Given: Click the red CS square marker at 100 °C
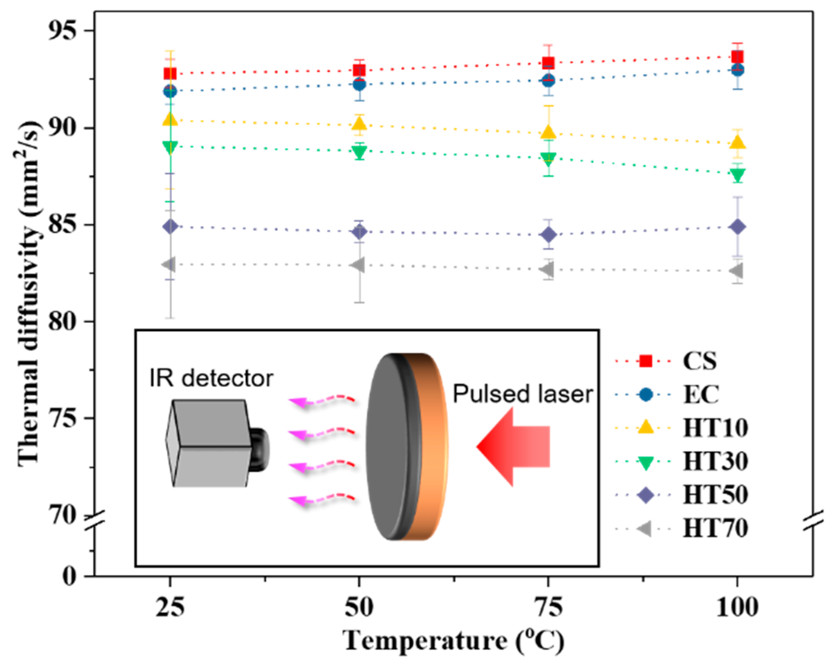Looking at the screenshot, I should click(738, 57).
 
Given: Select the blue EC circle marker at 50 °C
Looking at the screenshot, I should click(359, 85).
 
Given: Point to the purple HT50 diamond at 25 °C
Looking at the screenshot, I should click(170, 226).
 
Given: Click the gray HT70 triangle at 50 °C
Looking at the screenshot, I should click(358, 265).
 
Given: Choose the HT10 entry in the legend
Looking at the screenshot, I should click(715, 428).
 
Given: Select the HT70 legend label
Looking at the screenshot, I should click(715, 529).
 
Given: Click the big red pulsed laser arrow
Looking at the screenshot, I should click(514, 446).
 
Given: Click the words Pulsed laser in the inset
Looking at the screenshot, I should click(523, 394).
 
